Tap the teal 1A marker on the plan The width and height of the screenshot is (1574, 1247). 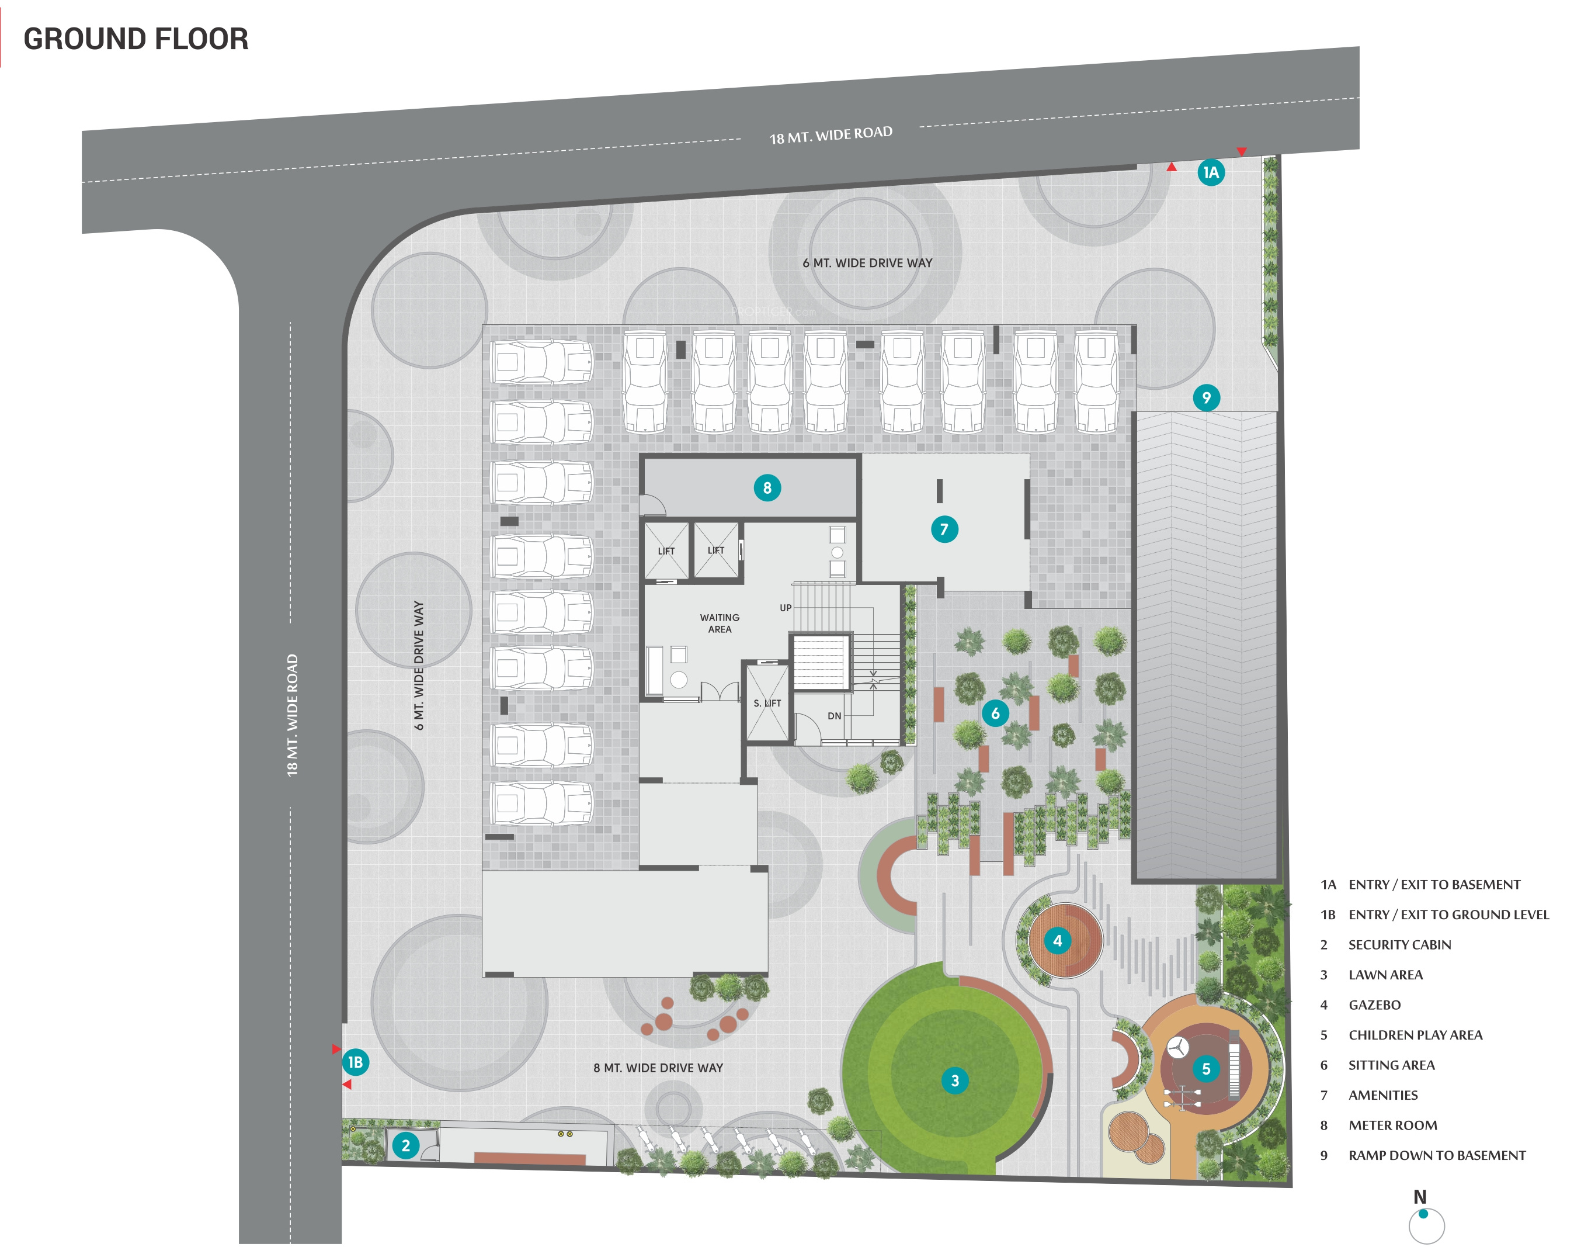[x=1211, y=172]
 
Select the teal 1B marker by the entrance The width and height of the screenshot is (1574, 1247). [x=355, y=1062]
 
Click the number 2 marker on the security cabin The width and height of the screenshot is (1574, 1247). [x=406, y=1145]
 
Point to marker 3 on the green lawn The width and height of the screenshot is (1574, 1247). [x=954, y=1080]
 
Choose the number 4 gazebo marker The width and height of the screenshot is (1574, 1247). [x=1057, y=940]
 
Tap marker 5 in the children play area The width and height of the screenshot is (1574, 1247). [x=1205, y=1069]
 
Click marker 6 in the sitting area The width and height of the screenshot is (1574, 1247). [x=995, y=713]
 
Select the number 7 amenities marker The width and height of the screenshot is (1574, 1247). [x=944, y=529]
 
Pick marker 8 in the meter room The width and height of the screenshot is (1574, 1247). [x=767, y=488]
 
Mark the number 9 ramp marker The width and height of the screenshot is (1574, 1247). [x=1206, y=398]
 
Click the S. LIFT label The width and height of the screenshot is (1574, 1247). [x=767, y=703]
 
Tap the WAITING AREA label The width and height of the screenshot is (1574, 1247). [x=720, y=623]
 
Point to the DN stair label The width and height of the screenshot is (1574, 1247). [x=834, y=716]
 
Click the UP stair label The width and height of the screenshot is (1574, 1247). [x=785, y=608]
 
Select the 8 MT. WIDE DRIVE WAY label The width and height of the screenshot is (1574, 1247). [x=658, y=1068]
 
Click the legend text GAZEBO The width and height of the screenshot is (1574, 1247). [x=1374, y=1004]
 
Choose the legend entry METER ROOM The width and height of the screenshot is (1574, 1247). [x=1392, y=1125]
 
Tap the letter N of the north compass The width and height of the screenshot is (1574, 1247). [x=1419, y=1197]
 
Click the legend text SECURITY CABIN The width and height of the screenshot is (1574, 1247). [x=1399, y=945]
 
